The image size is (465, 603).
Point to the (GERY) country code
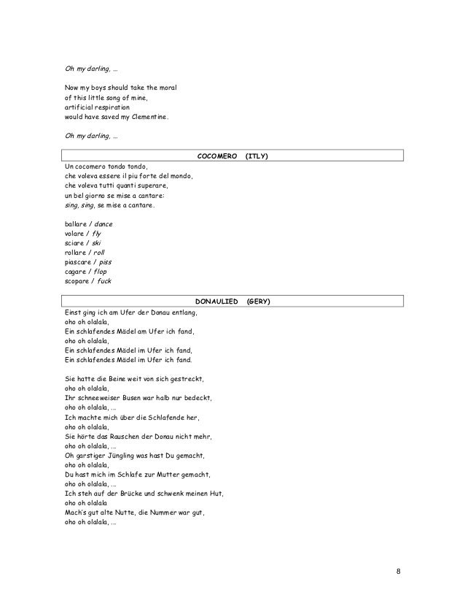pos(259,301)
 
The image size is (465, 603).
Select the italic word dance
pos(102,223)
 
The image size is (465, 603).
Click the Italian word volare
pos(74,233)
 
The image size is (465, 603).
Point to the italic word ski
pos(96,242)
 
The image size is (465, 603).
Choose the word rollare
pos(75,252)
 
